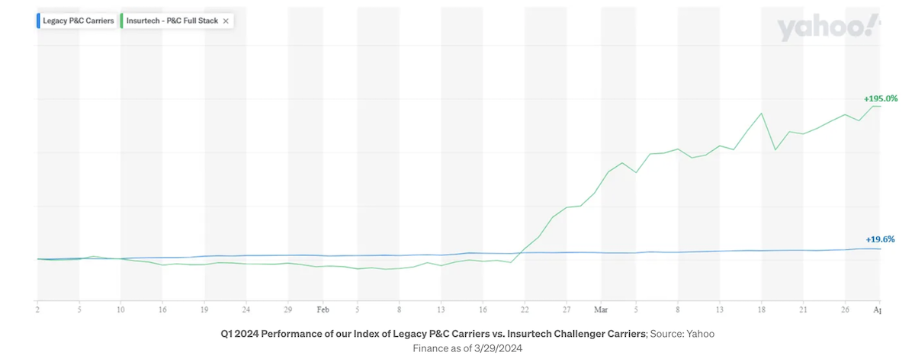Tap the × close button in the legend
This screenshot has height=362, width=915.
(x=226, y=21)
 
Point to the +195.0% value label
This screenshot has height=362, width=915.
(x=881, y=98)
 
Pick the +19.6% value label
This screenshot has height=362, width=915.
(x=881, y=239)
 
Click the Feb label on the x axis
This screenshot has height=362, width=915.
(x=323, y=310)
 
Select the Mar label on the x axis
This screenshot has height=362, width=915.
(x=601, y=310)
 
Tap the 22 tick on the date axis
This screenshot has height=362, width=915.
(x=525, y=310)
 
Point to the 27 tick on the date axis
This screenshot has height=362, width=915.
(x=567, y=310)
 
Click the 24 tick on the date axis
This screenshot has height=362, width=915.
(x=246, y=310)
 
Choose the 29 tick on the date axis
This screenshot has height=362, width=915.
(x=287, y=310)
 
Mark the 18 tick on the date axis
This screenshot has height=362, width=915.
(x=761, y=310)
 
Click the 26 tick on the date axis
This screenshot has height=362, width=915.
(x=844, y=310)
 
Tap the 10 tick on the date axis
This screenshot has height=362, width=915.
(x=120, y=310)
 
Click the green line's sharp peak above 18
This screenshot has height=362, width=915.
(x=761, y=114)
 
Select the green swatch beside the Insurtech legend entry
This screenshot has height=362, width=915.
(x=122, y=21)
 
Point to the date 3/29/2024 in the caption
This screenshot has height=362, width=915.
(x=499, y=348)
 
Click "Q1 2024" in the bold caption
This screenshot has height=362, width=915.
(x=239, y=334)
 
